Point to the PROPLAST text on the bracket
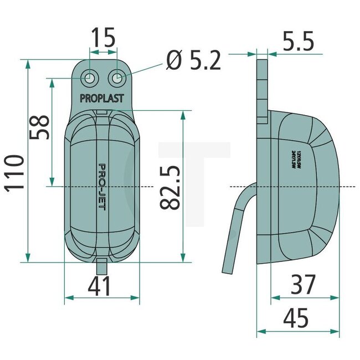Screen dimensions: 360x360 click(x=102, y=99)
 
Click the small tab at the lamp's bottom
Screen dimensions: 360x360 click(x=101, y=265)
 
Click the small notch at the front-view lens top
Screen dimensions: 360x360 click(x=102, y=112)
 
